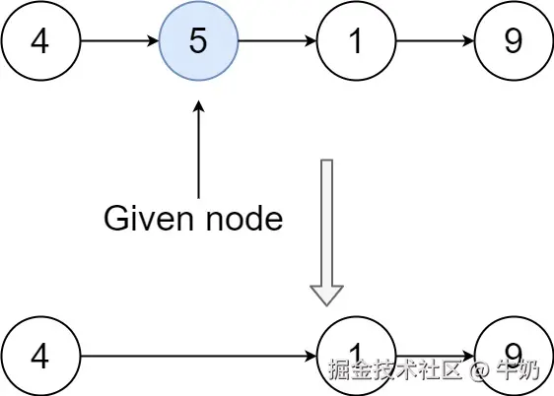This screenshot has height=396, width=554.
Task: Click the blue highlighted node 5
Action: [x=198, y=43]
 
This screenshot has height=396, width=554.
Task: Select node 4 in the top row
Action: [x=40, y=43]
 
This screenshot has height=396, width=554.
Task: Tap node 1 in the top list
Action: [x=356, y=43]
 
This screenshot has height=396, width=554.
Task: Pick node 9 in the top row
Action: [x=514, y=43]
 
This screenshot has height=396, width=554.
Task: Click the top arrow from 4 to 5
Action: [x=119, y=43]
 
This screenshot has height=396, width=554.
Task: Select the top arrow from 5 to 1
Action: [x=277, y=43]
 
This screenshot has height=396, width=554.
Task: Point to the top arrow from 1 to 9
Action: [x=435, y=43]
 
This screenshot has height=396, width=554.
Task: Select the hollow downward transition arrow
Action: [x=326, y=227]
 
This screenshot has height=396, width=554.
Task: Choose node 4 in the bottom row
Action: [x=40, y=356]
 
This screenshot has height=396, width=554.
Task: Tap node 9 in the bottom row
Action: [x=514, y=353]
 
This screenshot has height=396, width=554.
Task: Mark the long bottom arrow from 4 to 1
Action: [x=197, y=356]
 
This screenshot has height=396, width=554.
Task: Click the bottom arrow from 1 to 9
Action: [x=435, y=356]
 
